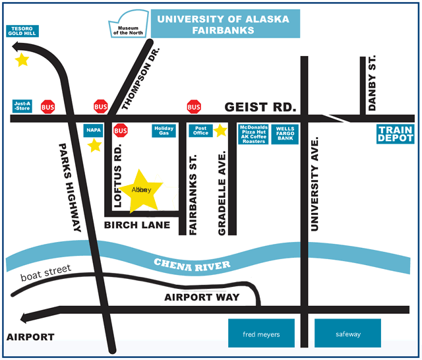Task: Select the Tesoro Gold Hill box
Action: click(22, 31)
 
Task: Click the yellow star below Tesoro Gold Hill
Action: click(22, 60)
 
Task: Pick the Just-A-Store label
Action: click(22, 105)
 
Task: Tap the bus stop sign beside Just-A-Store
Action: click(48, 106)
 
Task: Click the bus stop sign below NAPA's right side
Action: click(121, 131)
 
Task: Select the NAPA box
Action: click(93, 131)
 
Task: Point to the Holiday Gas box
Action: click(164, 131)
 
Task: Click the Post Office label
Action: click(201, 131)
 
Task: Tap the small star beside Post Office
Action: click(220, 131)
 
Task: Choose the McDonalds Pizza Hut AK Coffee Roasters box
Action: click(253, 134)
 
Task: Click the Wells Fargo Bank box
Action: click(285, 134)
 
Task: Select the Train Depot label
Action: click(396, 134)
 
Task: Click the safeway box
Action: click(347, 333)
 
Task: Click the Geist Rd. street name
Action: click(260, 107)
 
